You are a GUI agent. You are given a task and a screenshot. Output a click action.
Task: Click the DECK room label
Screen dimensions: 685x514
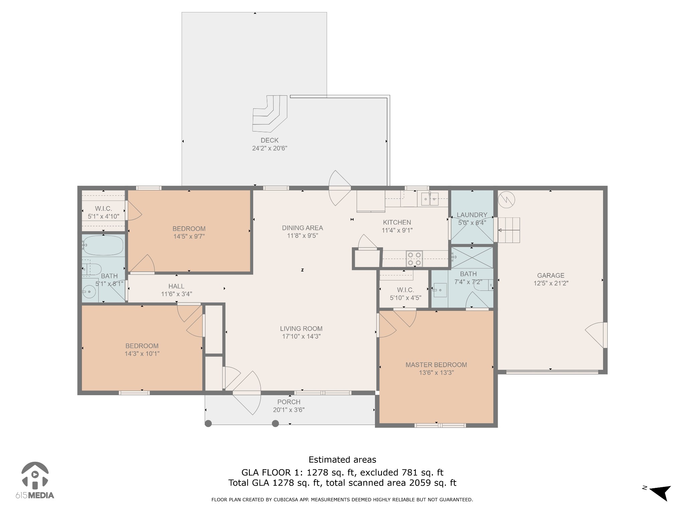pyautogui.click(x=270, y=140)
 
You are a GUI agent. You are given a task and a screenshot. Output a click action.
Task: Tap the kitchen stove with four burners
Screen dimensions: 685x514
pyautogui.click(x=414, y=259)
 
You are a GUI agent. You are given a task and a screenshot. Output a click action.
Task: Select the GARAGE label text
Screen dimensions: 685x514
pyautogui.click(x=551, y=275)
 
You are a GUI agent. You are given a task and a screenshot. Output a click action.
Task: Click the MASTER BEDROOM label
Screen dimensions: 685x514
pyautogui.click(x=436, y=365)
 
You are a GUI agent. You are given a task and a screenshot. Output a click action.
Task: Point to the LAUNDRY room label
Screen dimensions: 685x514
pyautogui.click(x=472, y=215)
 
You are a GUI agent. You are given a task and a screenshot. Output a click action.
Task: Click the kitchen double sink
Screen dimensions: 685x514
pyautogui.click(x=430, y=199)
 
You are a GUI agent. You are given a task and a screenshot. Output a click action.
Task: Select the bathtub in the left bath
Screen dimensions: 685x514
pyautogui.click(x=103, y=245)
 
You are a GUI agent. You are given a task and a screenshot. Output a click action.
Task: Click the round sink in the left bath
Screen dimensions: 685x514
pyautogui.click(x=90, y=292)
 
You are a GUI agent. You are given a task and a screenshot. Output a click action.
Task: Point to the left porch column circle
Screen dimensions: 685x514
pyautogui.click(x=208, y=424)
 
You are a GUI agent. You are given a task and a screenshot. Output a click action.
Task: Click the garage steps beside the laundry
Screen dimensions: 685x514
pyautogui.click(x=509, y=230)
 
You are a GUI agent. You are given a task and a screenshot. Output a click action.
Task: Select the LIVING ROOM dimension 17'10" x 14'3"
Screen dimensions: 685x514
pyautogui.click(x=301, y=337)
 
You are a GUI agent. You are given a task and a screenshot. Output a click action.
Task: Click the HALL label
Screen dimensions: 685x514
pyautogui.click(x=176, y=286)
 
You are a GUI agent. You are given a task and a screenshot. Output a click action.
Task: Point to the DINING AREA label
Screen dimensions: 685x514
pyautogui.click(x=302, y=228)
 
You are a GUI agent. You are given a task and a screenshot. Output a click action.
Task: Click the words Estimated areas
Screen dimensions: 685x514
pyautogui.click(x=342, y=460)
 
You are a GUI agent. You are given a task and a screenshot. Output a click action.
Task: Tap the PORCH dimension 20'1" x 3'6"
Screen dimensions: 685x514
pyautogui.click(x=289, y=410)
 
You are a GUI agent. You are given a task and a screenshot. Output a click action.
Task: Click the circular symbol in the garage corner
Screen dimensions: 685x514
pyautogui.click(x=506, y=200)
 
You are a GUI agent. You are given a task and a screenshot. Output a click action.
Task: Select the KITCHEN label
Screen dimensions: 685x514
pyautogui.click(x=397, y=222)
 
